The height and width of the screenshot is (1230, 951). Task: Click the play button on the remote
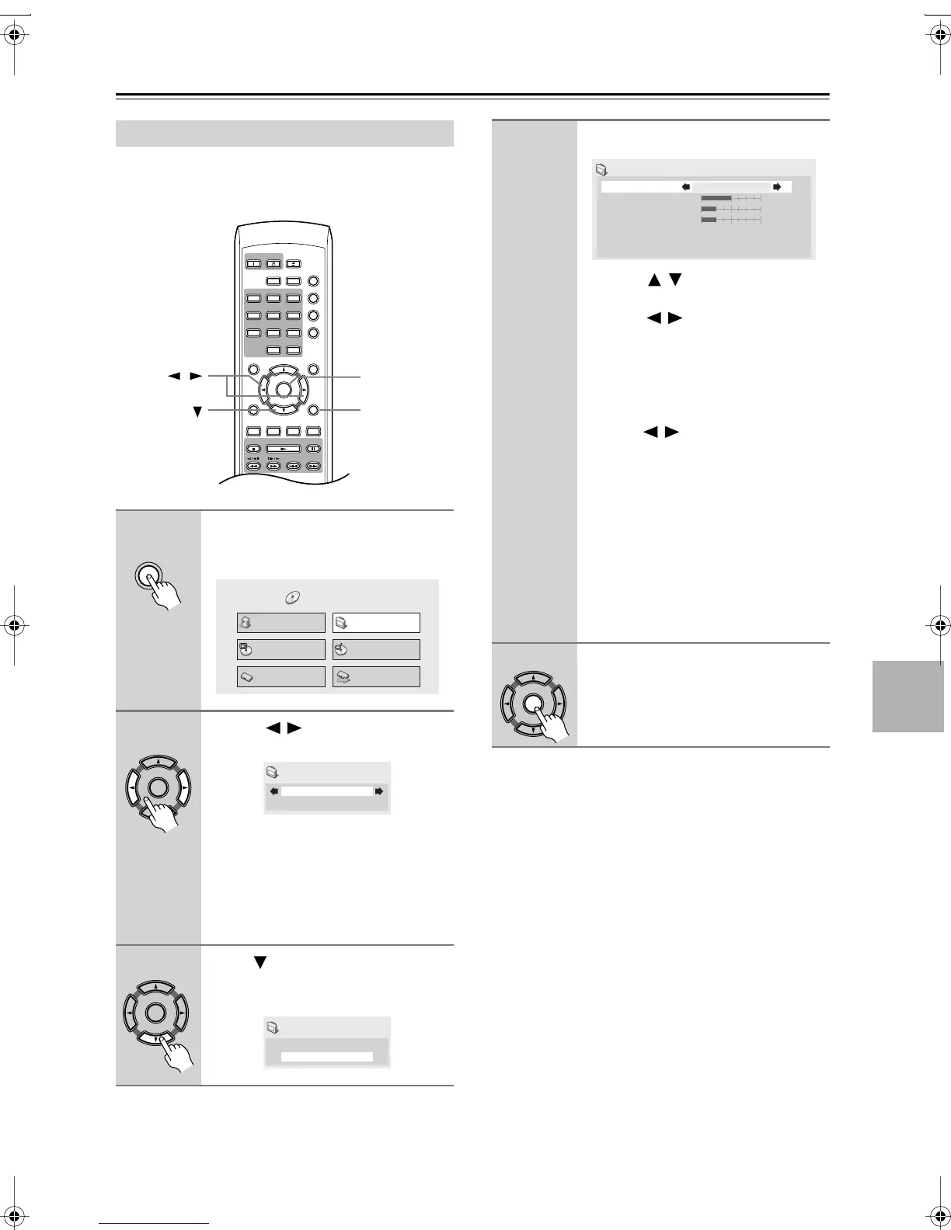[283, 448]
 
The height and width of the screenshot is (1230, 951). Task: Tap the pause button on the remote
[312, 448]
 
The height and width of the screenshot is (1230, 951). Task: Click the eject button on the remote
[293, 263]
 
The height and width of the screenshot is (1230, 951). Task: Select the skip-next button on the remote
[313, 467]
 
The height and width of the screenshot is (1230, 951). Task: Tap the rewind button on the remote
[253, 467]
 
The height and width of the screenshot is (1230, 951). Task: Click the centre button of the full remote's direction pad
[283, 391]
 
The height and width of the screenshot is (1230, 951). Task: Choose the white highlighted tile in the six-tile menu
[376, 623]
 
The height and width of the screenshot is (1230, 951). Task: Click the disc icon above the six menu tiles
[292, 597]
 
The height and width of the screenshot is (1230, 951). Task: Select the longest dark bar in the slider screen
[716, 198]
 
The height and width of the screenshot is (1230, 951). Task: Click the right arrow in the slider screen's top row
[776, 187]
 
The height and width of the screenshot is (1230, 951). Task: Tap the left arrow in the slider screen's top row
[685, 187]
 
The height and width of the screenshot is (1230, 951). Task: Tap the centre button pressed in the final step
[533, 703]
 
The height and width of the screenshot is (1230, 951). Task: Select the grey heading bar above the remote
[284, 134]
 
